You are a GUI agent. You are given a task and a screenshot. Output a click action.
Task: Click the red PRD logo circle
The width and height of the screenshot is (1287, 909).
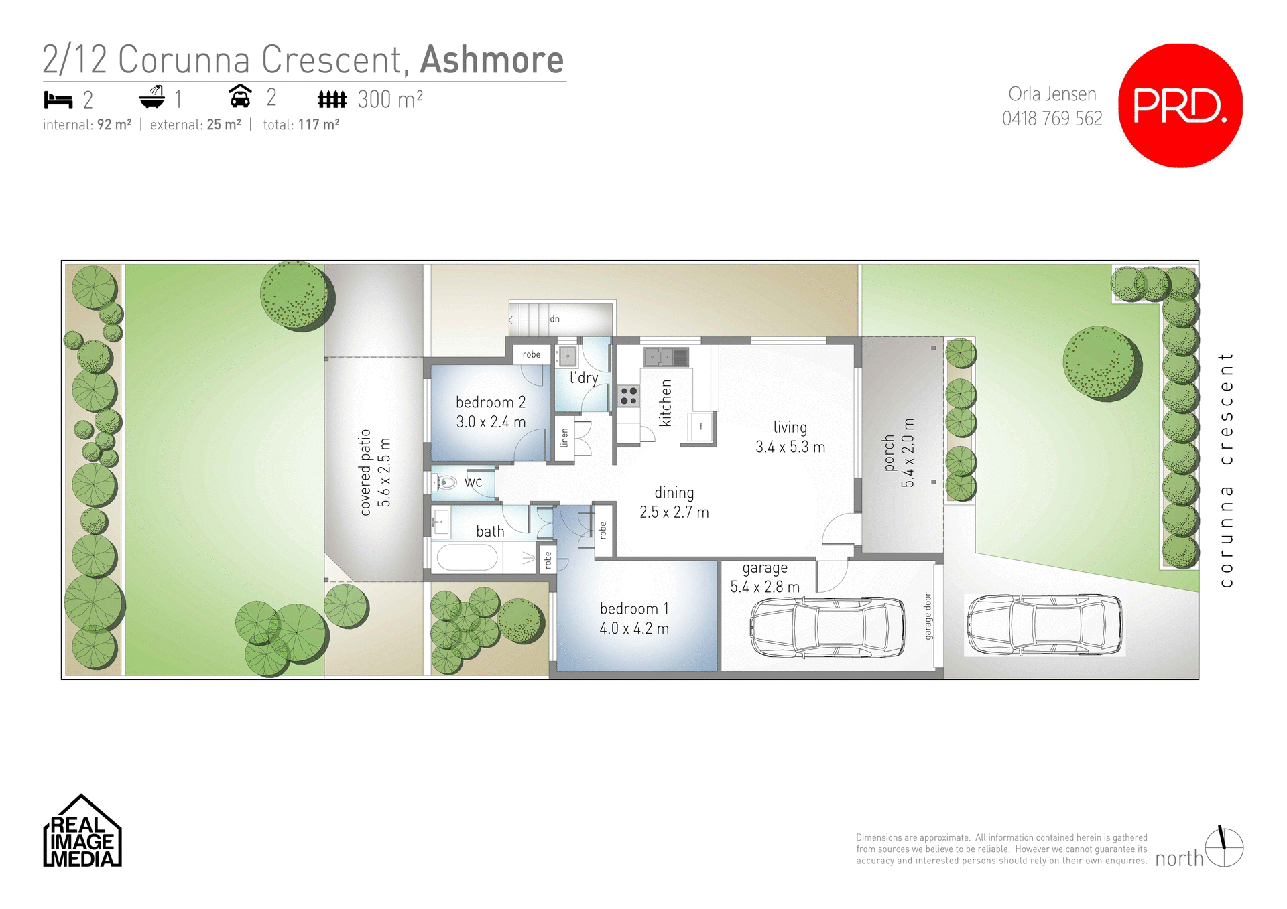(x=1180, y=106)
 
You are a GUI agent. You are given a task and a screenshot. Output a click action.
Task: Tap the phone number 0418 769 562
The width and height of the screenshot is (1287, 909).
(x=1052, y=119)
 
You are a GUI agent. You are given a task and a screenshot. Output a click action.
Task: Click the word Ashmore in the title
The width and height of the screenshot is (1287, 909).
(x=491, y=60)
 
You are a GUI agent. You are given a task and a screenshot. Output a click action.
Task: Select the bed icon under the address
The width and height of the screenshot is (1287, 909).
(x=58, y=100)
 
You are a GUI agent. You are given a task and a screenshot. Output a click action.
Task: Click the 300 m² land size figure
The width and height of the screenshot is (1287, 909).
(x=389, y=100)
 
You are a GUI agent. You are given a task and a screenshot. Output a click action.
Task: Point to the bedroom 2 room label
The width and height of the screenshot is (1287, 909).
(x=490, y=402)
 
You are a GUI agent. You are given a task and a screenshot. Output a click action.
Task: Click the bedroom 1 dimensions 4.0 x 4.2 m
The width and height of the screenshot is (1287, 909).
(x=633, y=628)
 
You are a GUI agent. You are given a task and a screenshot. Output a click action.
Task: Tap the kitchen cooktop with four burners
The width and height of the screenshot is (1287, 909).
(x=628, y=396)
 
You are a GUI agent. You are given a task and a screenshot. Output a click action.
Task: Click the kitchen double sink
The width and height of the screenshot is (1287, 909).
(x=666, y=357)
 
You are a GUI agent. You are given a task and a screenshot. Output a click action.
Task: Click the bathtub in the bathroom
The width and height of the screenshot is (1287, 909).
(x=467, y=557)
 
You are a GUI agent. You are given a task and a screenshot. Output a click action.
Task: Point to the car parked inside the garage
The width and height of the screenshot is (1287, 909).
(x=827, y=628)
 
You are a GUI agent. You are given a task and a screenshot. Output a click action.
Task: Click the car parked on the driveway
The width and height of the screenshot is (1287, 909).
(x=1044, y=625)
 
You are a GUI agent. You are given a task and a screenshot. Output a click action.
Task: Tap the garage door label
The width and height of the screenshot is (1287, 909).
(x=928, y=616)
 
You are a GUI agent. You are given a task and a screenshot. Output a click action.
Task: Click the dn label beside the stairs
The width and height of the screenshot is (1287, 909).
(x=554, y=319)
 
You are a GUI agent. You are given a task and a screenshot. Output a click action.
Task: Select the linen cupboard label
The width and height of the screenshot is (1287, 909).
(x=564, y=438)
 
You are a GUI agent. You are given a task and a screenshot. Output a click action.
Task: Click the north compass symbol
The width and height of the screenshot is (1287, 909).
(x=1224, y=847)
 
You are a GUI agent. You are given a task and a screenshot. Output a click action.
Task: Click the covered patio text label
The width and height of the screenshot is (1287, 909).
(x=365, y=472)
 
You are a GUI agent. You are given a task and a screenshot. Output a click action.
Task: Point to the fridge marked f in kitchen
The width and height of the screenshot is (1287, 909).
(x=701, y=426)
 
